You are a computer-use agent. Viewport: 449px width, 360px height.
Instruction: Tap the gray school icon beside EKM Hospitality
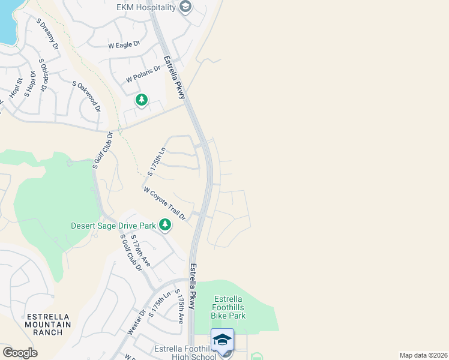(x=185, y=7)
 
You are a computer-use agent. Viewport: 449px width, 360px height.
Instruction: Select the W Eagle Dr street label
(x=124, y=45)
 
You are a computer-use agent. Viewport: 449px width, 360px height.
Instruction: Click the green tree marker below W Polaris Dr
(x=141, y=100)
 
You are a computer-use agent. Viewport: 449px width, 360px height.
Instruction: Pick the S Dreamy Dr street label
(x=47, y=34)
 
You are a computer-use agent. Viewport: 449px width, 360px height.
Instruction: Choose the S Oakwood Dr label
(x=86, y=96)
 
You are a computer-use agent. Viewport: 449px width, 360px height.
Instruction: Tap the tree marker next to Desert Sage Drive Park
(x=165, y=226)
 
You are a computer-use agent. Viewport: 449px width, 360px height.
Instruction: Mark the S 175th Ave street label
(x=179, y=307)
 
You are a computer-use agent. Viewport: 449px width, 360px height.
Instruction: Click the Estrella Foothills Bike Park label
(x=228, y=307)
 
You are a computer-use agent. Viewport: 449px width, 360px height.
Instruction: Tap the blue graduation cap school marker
(x=222, y=339)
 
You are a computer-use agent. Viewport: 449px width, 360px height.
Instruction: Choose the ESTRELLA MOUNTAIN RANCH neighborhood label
(x=48, y=324)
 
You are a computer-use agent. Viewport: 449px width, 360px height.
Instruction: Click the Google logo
(x=20, y=353)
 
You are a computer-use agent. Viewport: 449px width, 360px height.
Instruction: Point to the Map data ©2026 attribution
(x=423, y=355)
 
